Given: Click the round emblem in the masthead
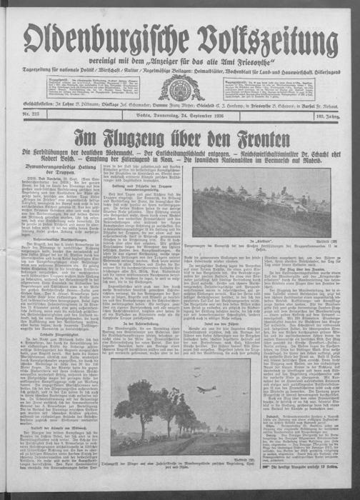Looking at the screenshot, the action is click(181, 88).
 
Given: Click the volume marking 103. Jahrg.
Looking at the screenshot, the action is click(339, 116).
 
